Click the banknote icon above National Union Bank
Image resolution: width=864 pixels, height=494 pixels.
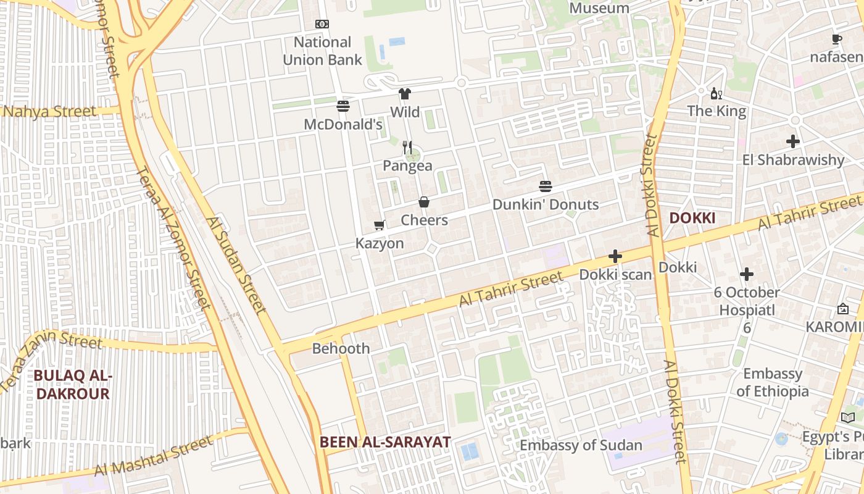pyautogui.click(x=322, y=24)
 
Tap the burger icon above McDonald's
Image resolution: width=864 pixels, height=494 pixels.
pyautogui.click(x=343, y=106)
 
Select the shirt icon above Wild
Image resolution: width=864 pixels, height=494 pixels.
pyautogui.click(x=404, y=94)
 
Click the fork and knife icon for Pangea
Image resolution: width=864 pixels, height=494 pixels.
pyautogui.click(x=407, y=147)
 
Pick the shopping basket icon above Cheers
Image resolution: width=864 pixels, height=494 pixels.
pyautogui.click(x=424, y=202)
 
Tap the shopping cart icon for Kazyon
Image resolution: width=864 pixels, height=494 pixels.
pyautogui.click(x=380, y=225)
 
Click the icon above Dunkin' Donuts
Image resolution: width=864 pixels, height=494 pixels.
pyautogui.click(x=545, y=186)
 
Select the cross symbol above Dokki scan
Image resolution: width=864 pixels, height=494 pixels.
pyautogui.click(x=615, y=256)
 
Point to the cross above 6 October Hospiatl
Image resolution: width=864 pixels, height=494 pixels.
pyautogui.click(x=747, y=274)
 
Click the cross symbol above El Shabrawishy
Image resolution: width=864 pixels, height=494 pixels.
pyautogui.click(x=793, y=141)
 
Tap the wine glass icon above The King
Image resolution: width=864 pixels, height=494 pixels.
pyautogui.click(x=716, y=94)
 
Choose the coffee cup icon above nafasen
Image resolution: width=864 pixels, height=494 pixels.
pyautogui.click(x=836, y=40)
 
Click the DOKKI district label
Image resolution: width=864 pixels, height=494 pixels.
pyautogui.click(x=692, y=218)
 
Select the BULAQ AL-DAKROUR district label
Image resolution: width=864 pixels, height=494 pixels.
pyautogui.click(x=72, y=384)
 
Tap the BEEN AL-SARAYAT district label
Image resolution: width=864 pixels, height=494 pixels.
pyautogui.click(x=385, y=442)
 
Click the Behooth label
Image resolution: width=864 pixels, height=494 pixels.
pyautogui.click(x=341, y=348)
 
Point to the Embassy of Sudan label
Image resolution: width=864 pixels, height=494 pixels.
pyautogui.click(x=581, y=445)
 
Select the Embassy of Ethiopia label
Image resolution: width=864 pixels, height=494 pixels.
pyautogui.click(x=773, y=382)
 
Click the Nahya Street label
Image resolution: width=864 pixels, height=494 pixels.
pyautogui.click(x=50, y=112)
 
